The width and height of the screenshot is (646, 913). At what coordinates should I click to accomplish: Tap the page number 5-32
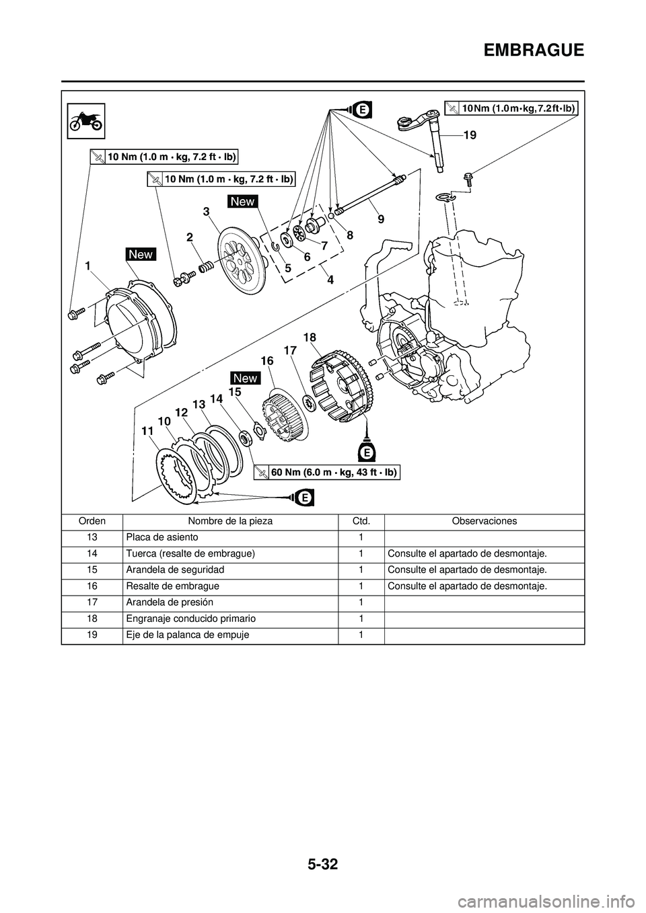[322, 879]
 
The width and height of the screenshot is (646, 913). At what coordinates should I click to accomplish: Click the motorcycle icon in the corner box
[86, 121]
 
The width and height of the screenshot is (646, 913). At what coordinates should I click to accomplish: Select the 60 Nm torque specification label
[327, 473]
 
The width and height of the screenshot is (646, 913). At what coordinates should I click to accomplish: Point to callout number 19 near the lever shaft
[470, 135]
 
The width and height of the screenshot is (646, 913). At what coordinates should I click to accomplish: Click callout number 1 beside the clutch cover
[88, 266]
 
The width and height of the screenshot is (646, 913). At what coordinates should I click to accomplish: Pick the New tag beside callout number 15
[245, 378]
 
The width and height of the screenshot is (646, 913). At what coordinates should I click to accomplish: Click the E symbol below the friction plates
[304, 498]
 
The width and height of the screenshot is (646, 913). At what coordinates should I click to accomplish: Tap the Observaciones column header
[484, 521]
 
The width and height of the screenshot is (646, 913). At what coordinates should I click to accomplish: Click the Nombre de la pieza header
[230, 521]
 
